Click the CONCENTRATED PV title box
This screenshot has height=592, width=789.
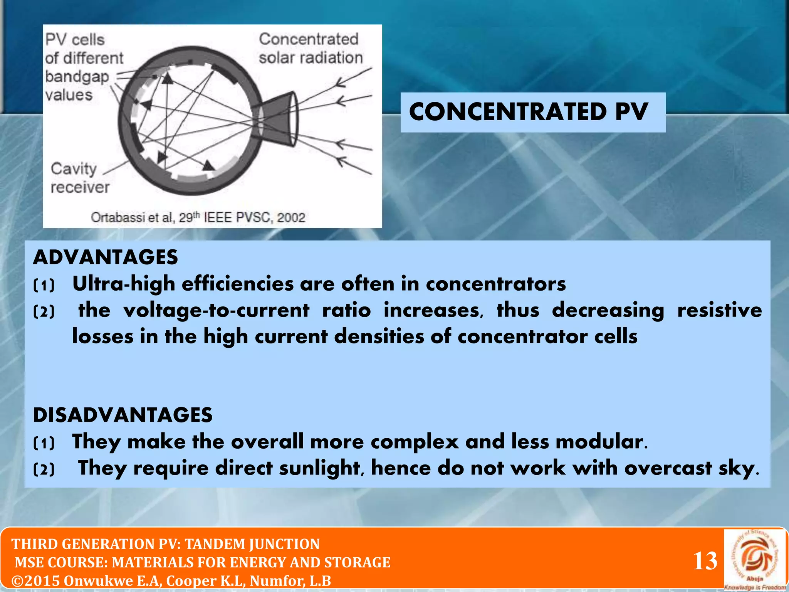pyautogui.click(x=532, y=112)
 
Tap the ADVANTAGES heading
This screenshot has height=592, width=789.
pyautogui.click(x=105, y=257)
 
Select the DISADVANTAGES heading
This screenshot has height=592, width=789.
pyautogui.click(x=123, y=415)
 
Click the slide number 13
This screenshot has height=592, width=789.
pyautogui.click(x=705, y=561)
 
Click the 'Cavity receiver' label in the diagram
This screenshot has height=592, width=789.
pyautogui.click(x=80, y=178)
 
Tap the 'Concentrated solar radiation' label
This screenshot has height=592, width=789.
pyautogui.click(x=311, y=49)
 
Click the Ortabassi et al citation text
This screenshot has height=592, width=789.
pyautogui.click(x=198, y=217)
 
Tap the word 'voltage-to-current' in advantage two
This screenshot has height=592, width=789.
pyautogui.click(x=216, y=310)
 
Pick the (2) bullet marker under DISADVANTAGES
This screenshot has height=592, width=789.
pyautogui.click(x=44, y=469)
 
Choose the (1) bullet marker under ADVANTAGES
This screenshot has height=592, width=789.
pyautogui.click(x=44, y=286)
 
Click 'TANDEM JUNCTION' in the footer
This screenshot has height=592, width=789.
pyautogui.click(x=252, y=544)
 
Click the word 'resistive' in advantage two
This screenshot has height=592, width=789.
pyautogui.click(x=719, y=310)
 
